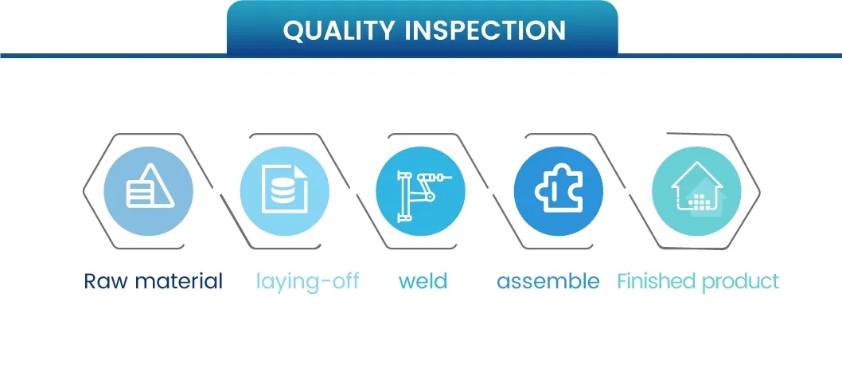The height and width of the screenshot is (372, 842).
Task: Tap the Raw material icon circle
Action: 148,191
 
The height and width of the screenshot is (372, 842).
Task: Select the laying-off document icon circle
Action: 284,191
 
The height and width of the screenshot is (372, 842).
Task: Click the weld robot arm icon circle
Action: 420,191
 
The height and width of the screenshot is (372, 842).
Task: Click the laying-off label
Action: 307,281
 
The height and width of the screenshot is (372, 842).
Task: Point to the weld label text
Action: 423,281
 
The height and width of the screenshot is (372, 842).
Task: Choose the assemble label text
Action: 548,281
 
